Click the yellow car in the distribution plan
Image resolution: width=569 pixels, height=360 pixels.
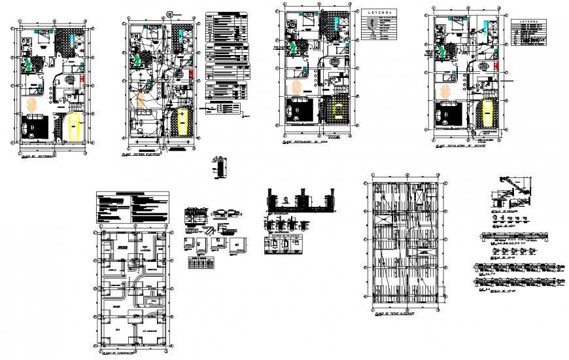(73, 126)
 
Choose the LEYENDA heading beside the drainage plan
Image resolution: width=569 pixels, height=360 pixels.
(531, 22)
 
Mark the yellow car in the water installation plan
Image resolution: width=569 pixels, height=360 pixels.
(339, 108)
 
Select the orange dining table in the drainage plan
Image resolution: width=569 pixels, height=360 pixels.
(447, 92)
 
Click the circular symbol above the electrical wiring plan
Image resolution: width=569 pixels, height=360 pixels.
(169, 12)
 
